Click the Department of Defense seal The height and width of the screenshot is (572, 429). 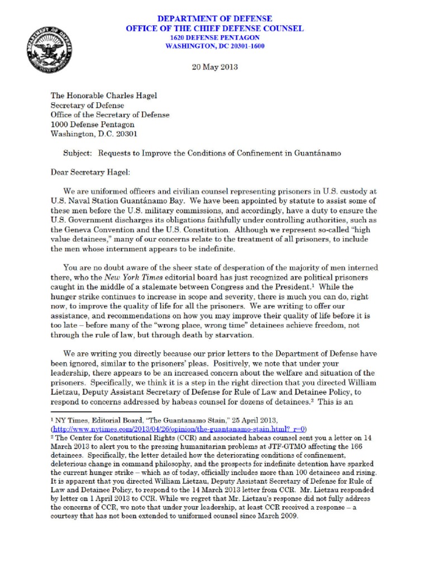click(47, 50)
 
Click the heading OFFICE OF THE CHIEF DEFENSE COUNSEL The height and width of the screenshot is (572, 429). click(215, 28)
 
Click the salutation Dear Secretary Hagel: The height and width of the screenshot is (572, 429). click(90, 172)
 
